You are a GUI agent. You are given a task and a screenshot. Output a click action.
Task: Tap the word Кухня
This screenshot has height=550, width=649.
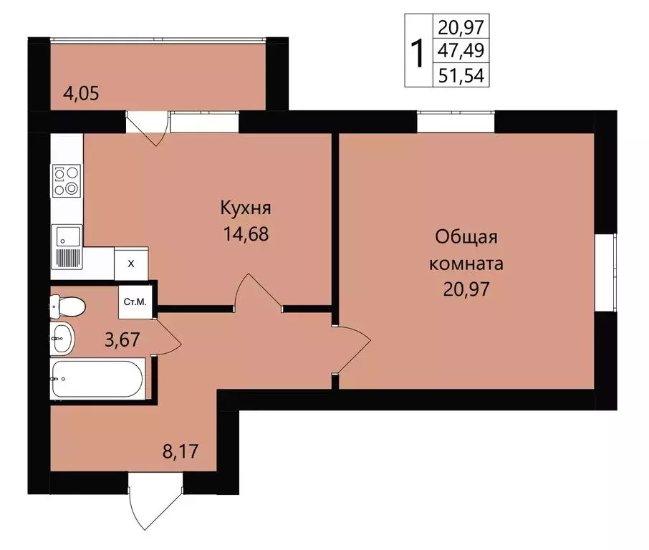pos(246,208)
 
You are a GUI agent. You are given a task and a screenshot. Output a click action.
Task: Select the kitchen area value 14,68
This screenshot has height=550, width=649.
pos(246,234)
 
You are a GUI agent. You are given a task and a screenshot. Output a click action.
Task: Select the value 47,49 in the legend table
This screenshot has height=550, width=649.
pos(461,52)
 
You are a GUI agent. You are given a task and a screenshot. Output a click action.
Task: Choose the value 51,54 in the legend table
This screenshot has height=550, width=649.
pos(461,75)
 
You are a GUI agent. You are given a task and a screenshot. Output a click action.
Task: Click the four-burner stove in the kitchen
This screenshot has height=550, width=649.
pos(67,180)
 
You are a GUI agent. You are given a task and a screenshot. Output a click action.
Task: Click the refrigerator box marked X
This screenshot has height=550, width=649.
pos(131,263)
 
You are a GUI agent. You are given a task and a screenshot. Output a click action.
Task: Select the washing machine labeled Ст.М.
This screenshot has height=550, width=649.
pos(135,301)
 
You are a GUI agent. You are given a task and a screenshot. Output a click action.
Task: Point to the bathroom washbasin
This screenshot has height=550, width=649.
pos(62,337)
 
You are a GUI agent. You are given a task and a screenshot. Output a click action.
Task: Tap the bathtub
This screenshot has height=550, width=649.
pos(99,379)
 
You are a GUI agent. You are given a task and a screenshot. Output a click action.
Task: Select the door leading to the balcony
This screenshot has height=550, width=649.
pos(149,125)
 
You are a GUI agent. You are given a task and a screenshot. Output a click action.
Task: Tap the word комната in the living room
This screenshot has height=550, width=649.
pos(466,263)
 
